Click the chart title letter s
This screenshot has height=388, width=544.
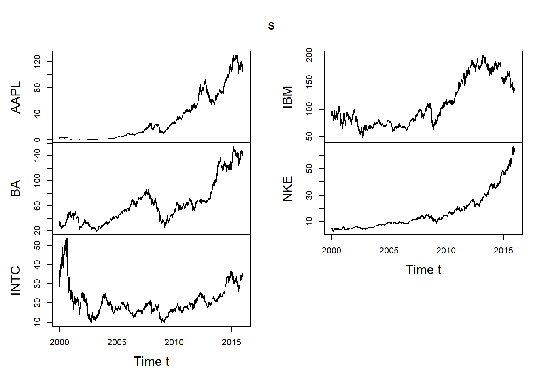(x=271, y=26)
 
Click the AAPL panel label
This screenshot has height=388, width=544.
(x=15, y=97)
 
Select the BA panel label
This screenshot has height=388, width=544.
(x=15, y=189)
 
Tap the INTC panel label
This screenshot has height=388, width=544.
(x=15, y=280)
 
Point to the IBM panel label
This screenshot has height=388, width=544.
(x=287, y=97)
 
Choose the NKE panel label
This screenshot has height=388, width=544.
(x=287, y=189)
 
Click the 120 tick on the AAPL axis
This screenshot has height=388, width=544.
(x=37, y=62)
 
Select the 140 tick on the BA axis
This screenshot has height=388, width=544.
(x=37, y=155)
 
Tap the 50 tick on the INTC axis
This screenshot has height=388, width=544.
(x=37, y=245)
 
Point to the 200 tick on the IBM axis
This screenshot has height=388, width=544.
(x=309, y=55)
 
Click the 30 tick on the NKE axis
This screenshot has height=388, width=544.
(x=309, y=195)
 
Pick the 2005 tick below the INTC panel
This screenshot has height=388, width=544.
(x=117, y=342)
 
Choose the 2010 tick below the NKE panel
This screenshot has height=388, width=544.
(x=446, y=251)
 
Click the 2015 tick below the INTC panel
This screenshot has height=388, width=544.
(x=232, y=342)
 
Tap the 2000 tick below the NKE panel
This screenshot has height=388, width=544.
(x=331, y=251)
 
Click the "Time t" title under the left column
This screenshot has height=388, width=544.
(x=151, y=361)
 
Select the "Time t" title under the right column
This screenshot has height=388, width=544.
(x=423, y=270)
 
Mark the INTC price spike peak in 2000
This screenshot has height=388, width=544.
(x=67, y=239)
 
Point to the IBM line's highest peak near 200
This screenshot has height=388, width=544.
(x=483, y=55)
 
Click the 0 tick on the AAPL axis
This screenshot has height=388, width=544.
(x=37, y=140)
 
